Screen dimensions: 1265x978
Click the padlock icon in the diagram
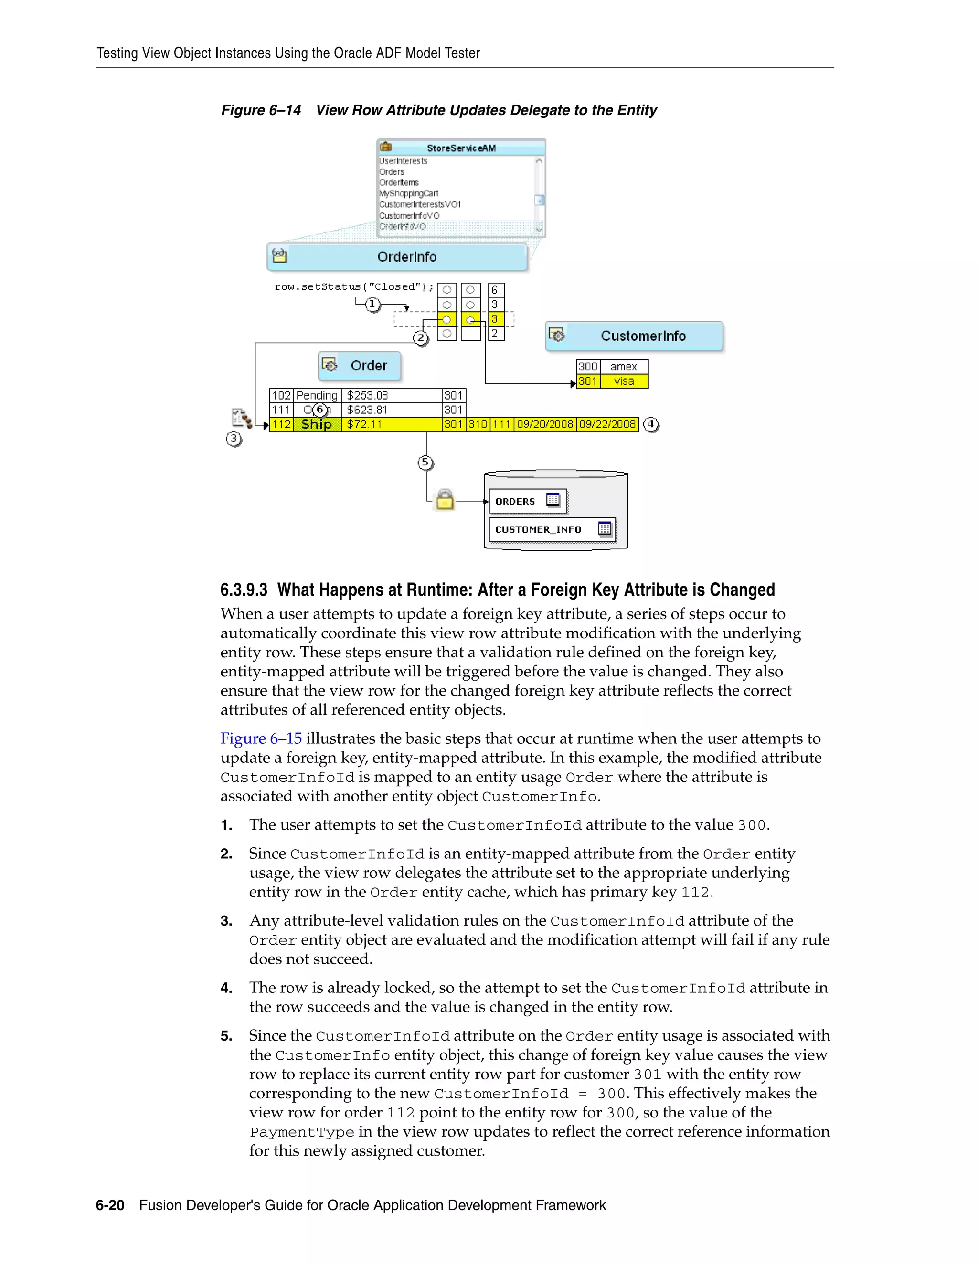pyautogui.click(x=445, y=500)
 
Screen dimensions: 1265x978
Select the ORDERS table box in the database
pyautogui.click(x=527, y=501)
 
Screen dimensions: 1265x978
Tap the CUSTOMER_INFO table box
pyautogui.click(x=552, y=529)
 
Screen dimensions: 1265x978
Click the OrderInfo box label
pyautogui.click(x=406, y=257)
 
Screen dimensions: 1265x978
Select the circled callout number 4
pyautogui.click(x=651, y=424)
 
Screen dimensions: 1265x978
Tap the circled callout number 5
pyautogui.click(x=425, y=462)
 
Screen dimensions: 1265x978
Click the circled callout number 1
pyautogui.click(x=372, y=304)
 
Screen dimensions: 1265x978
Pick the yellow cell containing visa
pyautogui.click(x=624, y=381)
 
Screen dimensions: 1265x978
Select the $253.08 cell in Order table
pyautogui.click(x=367, y=396)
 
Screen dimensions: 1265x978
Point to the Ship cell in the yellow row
pyautogui.click(x=316, y=424)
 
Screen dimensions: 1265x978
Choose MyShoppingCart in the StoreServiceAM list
pyautogui.click(x=408, y=193)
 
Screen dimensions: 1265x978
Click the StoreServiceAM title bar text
pyautogui.click(x=461, y=148)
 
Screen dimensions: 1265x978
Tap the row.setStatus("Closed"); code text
pyautogui.click(x=353, y=287)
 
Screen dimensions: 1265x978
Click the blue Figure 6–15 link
pyautogui.click(x=261, y=738)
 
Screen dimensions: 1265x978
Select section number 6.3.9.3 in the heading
pyautogui.click(x=244, y=590)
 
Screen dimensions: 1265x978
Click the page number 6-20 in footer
pyautogui.click(x=110, y=1205)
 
